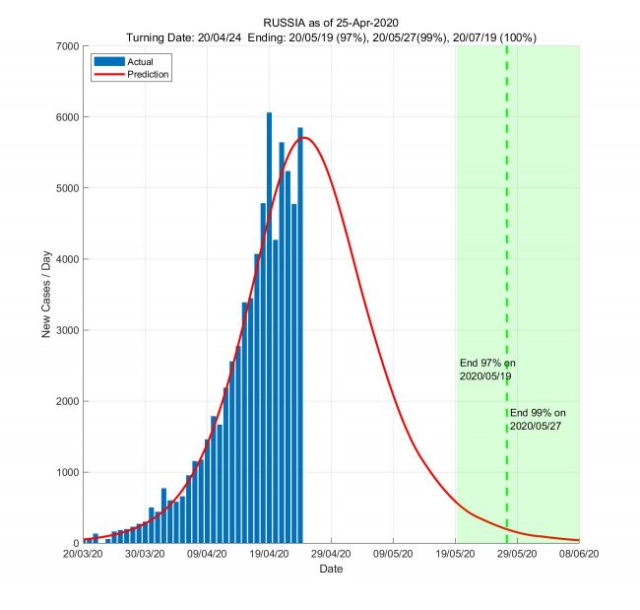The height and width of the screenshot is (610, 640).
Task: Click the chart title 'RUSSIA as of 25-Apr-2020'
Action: [332, 22]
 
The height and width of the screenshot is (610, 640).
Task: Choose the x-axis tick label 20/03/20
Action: [84, 556]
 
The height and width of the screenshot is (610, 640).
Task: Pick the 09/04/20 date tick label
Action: [207, 556]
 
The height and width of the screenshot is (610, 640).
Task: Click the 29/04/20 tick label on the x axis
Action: [331, 556]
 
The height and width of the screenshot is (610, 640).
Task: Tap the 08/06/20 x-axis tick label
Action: [578, 556]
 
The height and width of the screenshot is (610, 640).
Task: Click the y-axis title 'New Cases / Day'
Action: [46, 295]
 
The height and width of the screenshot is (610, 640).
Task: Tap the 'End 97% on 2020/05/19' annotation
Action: [485, 370]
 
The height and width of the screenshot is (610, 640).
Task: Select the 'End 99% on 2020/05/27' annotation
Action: [539, 419]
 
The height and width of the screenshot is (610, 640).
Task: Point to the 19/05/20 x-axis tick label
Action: [455, 556]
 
